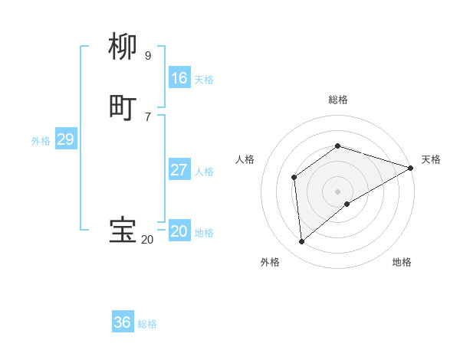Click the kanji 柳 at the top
click(123, 47)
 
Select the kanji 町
click(123, 106)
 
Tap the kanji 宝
click(123, 230)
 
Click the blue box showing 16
click(179, 78)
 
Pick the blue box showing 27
click(179, 170)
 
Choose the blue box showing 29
click(65, 139)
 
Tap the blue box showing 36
click(123, 322)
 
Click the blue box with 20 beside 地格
click(179, 231)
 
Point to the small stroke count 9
click(147, 56)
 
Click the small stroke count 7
click(147, 116)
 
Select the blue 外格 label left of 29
click(41, 141)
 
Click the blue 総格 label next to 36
click(147, 324)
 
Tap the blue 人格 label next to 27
click(204, 172)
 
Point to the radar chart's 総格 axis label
click(337, 100)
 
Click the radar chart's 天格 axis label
click(431, 159)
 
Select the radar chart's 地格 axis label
click(402, 262)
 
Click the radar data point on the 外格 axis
click(301, 241)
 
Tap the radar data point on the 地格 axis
click(347, 204)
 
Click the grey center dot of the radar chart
click(337, 191)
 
